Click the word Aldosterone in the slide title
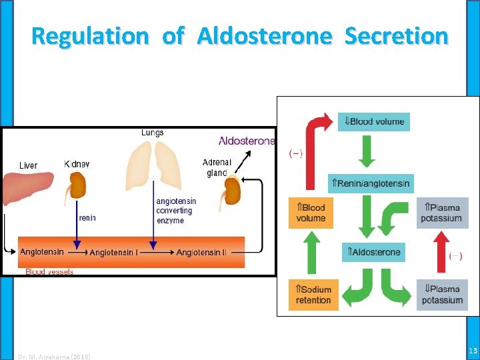pos(263,35)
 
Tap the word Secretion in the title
pos(396,35)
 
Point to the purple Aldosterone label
pos(246,141)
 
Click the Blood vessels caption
pos(49,271)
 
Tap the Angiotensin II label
pos(201,252)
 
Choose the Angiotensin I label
pos(113,252)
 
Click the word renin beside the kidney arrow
pos(87,217)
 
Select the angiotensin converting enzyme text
pos(175,211)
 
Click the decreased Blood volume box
pos(373,121)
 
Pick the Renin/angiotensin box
pos(371,183)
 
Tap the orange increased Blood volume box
pos(310,213)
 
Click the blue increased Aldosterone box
pos(373,252)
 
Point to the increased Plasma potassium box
pos(441,213)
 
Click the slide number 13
pos(473,351)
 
